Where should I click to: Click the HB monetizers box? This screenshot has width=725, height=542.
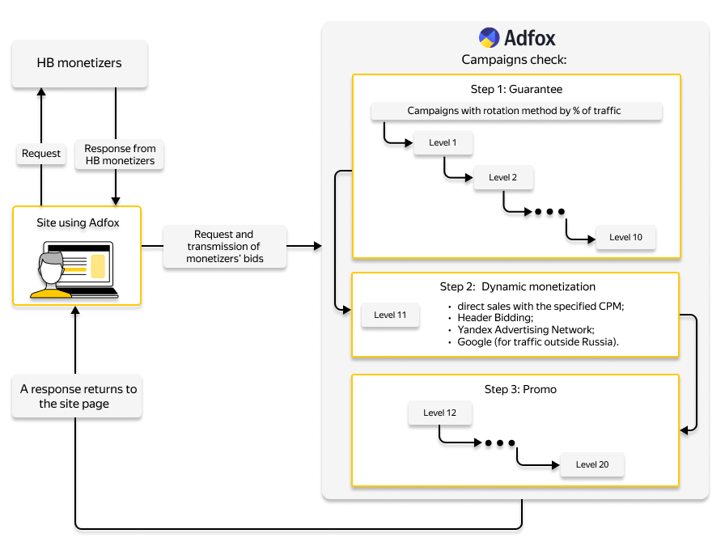pos(79,63)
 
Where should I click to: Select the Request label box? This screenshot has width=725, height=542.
pos(41,154)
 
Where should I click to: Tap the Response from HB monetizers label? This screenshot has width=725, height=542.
pos(121,155)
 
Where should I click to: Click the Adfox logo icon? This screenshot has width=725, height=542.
pos(489,37)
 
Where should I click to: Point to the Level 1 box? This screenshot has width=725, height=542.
pos(443,143)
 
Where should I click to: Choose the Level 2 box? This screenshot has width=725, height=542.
pos(503,178)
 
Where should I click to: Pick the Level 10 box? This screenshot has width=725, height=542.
pos(625,238)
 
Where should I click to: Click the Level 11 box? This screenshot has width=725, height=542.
pos(390,315)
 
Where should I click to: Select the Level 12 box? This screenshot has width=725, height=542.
pos(439,413)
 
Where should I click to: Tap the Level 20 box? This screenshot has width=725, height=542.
pos(592,465)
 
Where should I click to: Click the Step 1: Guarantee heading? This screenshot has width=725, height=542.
pos(516,89)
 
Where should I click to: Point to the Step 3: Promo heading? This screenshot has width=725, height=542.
pos(520,390)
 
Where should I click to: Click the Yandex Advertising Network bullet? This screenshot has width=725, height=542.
pos(526,330)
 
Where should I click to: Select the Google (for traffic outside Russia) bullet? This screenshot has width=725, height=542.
pos(537,342)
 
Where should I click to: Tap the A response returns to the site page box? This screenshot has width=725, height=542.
pos(78,396)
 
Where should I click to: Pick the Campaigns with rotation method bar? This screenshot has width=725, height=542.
pos(516,111)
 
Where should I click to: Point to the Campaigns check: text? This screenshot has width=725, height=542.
pos(514,60)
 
